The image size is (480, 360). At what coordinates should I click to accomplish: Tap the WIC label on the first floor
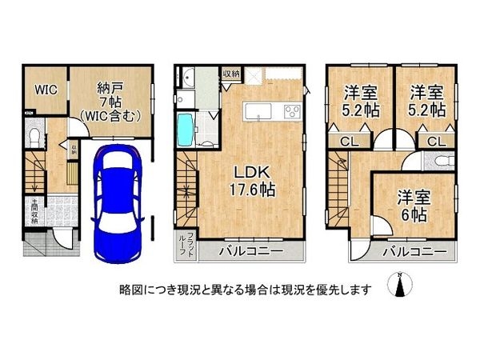(45, 90)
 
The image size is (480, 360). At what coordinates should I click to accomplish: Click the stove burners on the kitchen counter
(290, 112)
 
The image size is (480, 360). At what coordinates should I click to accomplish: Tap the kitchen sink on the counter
(255, 112)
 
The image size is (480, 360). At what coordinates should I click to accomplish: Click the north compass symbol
(398, 286)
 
